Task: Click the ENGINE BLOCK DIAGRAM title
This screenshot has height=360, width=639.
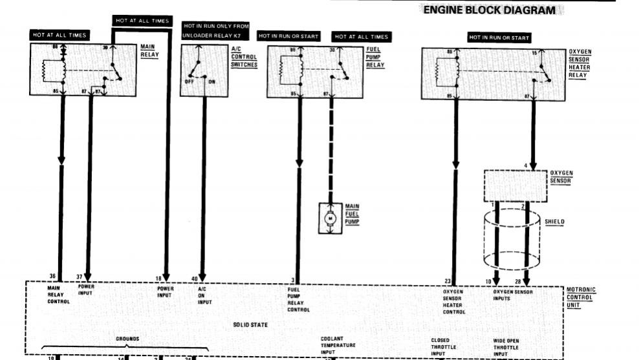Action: click(489, 10)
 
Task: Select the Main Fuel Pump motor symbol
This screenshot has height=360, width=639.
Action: click(331, 218)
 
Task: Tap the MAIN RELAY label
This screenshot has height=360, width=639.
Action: click(149, 51)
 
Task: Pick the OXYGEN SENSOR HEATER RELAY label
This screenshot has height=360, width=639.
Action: click(579, 63)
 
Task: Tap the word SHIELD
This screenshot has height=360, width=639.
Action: click(555, 222)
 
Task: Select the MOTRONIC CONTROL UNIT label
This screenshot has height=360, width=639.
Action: click(580, 297)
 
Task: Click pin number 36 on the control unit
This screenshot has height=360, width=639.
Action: click(53, 277)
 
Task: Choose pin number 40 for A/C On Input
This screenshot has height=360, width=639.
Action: click(195, 279)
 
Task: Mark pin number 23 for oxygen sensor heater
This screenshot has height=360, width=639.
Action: click(448, 281)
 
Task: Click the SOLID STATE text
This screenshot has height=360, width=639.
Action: click(250, 324)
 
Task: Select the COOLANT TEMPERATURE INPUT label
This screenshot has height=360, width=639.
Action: click(338, 345)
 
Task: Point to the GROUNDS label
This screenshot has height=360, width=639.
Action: click(127, 339)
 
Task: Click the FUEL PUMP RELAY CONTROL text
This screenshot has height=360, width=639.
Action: click(299, 299)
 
